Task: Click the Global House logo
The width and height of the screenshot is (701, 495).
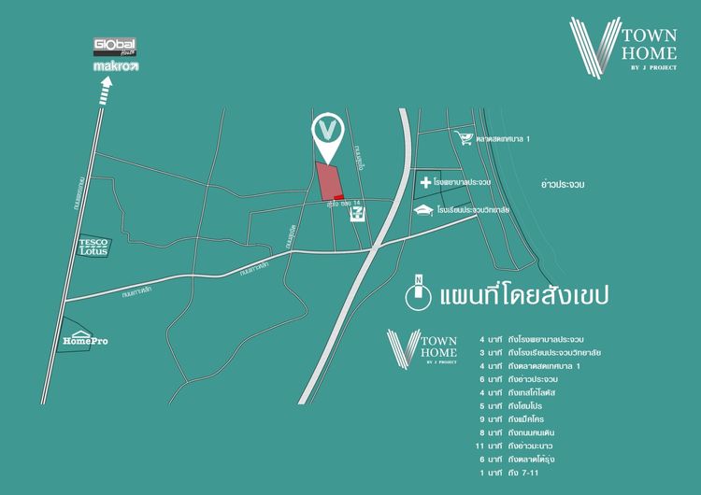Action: coord(115,47)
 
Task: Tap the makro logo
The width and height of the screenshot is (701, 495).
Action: coord(115,67)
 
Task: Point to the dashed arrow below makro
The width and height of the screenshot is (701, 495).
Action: coord(107,92)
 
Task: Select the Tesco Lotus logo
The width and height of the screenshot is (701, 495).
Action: coord(95,247)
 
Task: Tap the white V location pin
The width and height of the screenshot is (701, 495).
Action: coord(327,134)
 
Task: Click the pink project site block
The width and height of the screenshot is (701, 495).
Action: coord(327,181)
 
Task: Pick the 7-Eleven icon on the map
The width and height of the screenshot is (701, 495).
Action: coord(356,215)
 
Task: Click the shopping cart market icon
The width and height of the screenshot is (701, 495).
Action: coord(463,138)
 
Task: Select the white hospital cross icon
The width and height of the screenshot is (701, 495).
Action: coord(425,182)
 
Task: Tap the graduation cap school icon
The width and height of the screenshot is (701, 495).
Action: coord(425,210)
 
